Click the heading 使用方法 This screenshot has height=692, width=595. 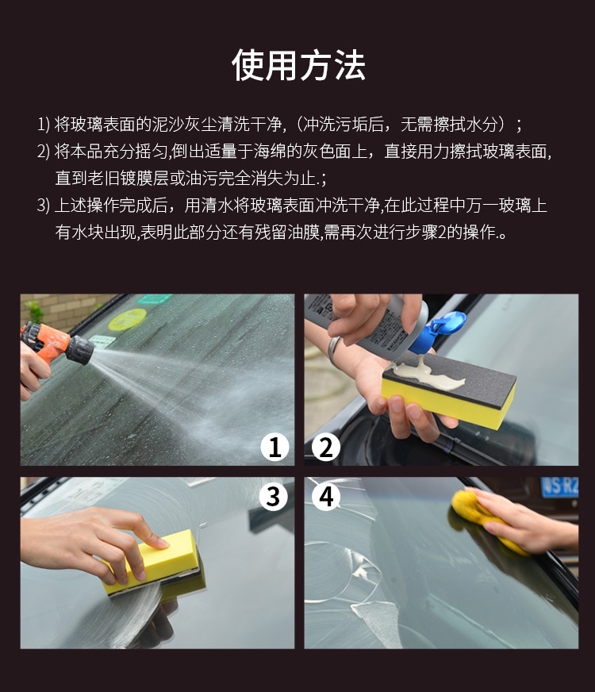[298, 65]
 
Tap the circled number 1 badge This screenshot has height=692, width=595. [274, 447]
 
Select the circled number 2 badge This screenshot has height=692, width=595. [326, 447]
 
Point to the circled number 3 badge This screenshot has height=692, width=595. [274, 497]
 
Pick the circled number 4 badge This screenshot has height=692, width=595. [326, 497]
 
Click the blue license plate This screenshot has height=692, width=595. [559, 486]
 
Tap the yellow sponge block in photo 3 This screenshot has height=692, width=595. [150, 560]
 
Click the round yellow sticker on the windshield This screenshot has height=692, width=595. [127, 320]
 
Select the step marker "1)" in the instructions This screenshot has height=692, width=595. [43, 125]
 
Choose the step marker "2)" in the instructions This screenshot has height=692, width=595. [43, 152]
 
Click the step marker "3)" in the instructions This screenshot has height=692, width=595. [43, 206]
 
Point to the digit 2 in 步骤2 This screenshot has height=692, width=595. [442, 233]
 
